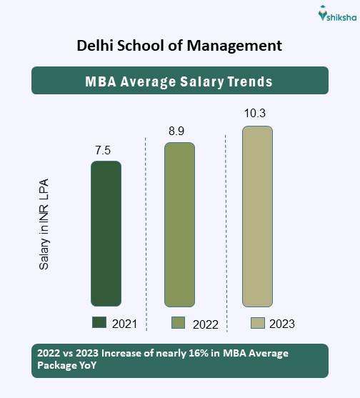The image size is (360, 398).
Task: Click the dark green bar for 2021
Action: pyautogui.click(x=106, y=234)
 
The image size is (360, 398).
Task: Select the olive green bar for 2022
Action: pyautogui.click(x=179, y=224)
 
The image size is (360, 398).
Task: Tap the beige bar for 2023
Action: pyautogui.click(x=257, y=217)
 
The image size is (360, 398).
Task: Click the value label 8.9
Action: pyautogui.click(x=179, y=131)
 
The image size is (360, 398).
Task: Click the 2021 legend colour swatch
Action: pyautogui.click(x=99, y=323)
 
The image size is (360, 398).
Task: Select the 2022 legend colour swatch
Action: pyautogui.click(x=179, y=323)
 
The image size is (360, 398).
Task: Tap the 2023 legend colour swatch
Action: pyautogui.click(x=257, y=323)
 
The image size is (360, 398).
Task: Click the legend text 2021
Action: pyautogui.click(x=124, y=324)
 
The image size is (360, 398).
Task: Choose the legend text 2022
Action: pyautogui.click(x=205, y=324)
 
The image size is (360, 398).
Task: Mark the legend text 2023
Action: pyautogui.click(x=282, y=324)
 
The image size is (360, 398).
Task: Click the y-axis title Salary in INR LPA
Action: pyautogui.click(x=44, y=226)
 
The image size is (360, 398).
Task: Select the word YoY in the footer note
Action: pyautogui.click(x=86, y=364)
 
